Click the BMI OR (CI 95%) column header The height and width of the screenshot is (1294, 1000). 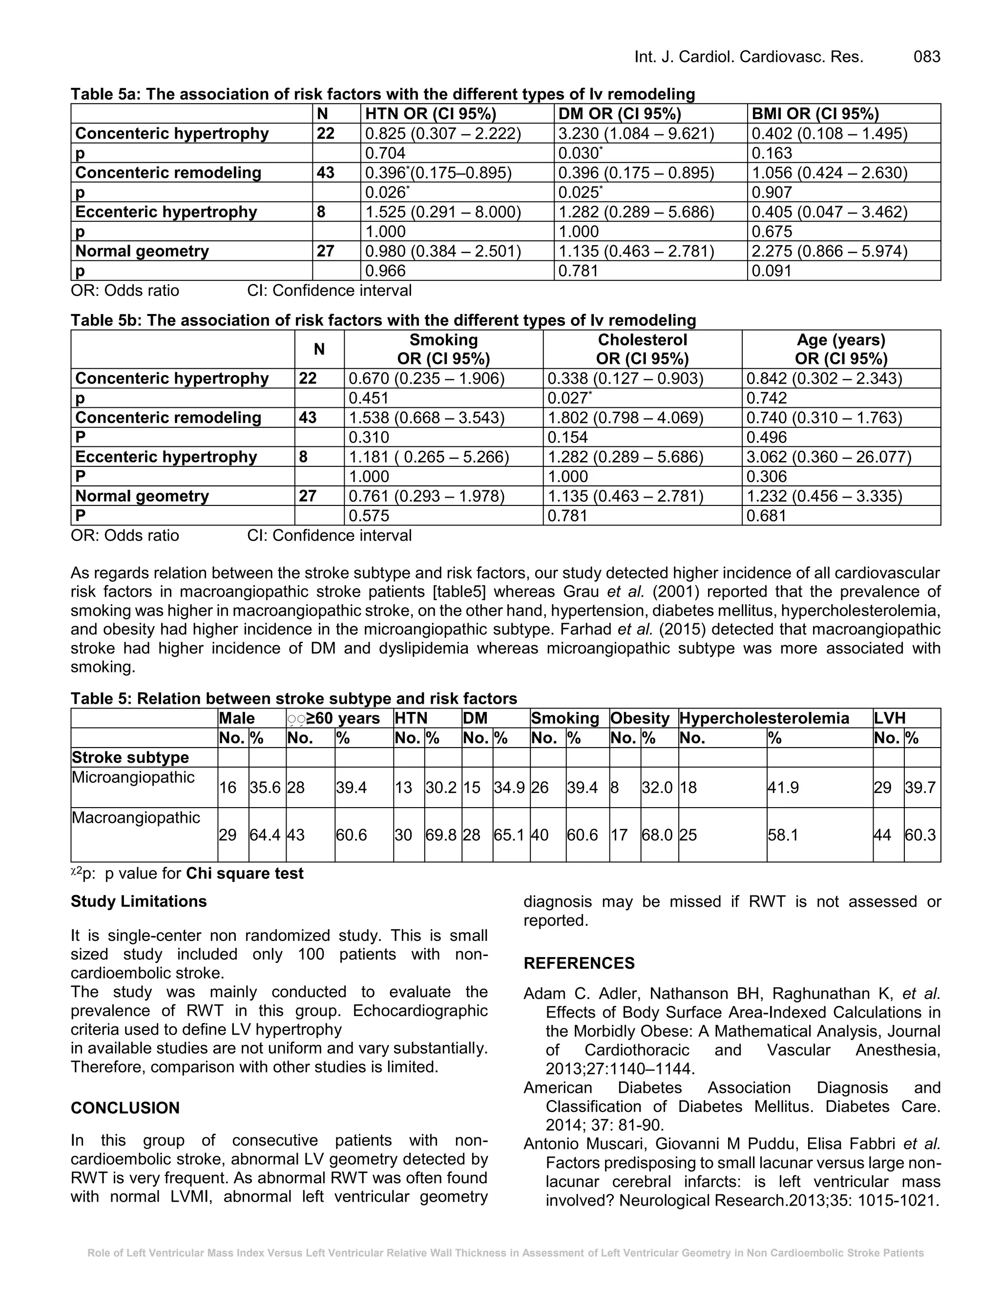(x=815, y=114)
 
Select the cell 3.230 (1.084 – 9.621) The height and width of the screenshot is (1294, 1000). (x=636, y=133)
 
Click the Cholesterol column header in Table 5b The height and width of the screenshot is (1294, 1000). (x=642, y=339)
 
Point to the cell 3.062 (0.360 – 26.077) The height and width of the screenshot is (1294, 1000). (x=829, y=457)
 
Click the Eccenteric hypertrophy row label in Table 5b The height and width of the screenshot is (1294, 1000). (x=166, y=457)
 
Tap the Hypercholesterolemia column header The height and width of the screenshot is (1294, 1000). (x=764, y=718)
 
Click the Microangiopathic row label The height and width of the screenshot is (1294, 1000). (x=133, y=777)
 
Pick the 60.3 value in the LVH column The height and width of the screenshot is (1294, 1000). (x=920, y=835)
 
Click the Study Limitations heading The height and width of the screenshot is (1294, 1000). (x=138, y=901)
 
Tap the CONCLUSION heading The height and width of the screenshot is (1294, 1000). (x=125, y=1108)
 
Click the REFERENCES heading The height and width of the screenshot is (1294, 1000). (x=579, y=963)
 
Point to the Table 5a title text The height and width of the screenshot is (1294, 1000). (x=383, y=94)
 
